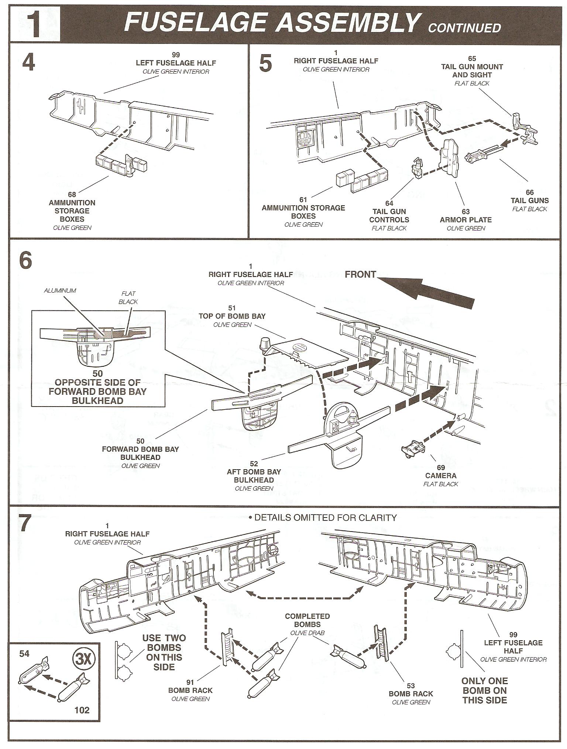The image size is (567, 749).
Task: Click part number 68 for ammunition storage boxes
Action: point(72,194)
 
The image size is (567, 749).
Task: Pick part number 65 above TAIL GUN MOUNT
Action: point(472,59)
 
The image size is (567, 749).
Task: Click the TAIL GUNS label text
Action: point(529,201)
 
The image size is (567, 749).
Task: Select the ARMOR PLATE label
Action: point(465,220)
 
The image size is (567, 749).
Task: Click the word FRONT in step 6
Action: point(360,274)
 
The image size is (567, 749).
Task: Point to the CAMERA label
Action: point(441,475)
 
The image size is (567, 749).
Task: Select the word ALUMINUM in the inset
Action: point(60,290)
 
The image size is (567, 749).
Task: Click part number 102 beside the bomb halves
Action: point(82,710)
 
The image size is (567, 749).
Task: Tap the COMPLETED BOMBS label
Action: point(307,620)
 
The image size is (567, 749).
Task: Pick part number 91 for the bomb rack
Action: point(190,682)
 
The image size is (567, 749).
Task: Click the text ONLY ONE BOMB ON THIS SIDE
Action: point(484,691)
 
